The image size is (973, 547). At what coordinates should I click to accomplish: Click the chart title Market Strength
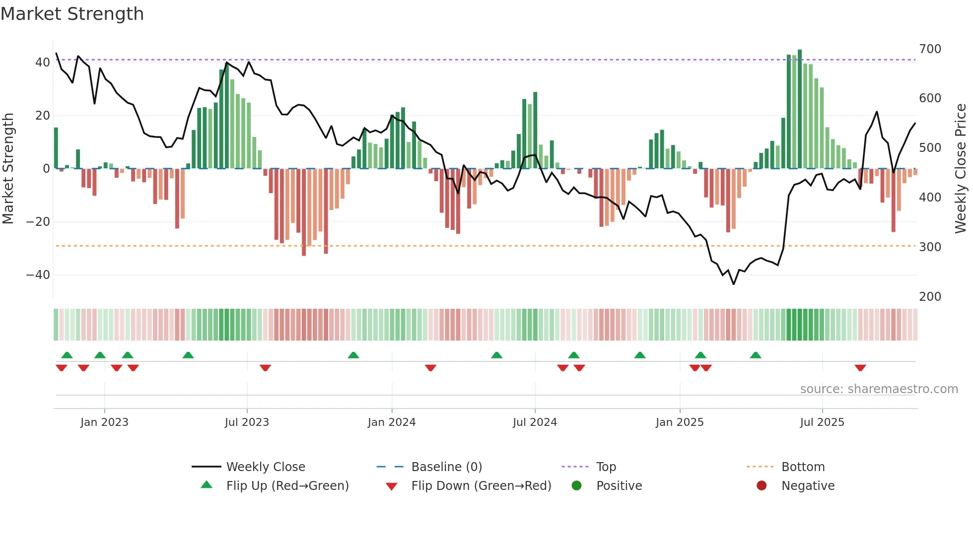coord(72,14)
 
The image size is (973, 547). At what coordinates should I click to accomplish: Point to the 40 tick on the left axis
coord(43,63)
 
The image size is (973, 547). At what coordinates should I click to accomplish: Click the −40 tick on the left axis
coord(38,275)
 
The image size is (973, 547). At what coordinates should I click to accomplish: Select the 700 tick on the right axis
coord(930,49)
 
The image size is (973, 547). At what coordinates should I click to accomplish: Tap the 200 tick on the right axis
coord(930,297)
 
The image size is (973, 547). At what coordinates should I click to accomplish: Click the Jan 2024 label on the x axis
coord(392,422)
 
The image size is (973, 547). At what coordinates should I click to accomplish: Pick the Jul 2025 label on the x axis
coord(822,422)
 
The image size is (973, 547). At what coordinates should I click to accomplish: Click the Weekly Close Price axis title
coord(961,169)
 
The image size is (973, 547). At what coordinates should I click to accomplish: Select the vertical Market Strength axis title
coord(8,169)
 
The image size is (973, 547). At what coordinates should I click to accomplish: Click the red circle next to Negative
coord(762,486)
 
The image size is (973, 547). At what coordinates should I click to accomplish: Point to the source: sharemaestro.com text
coord(879,389)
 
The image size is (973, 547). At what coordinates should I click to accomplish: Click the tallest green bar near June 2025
coord(800,109)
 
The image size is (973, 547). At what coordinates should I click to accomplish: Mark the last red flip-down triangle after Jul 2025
coord(860,368)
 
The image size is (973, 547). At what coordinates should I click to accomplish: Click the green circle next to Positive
coord(576,486)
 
